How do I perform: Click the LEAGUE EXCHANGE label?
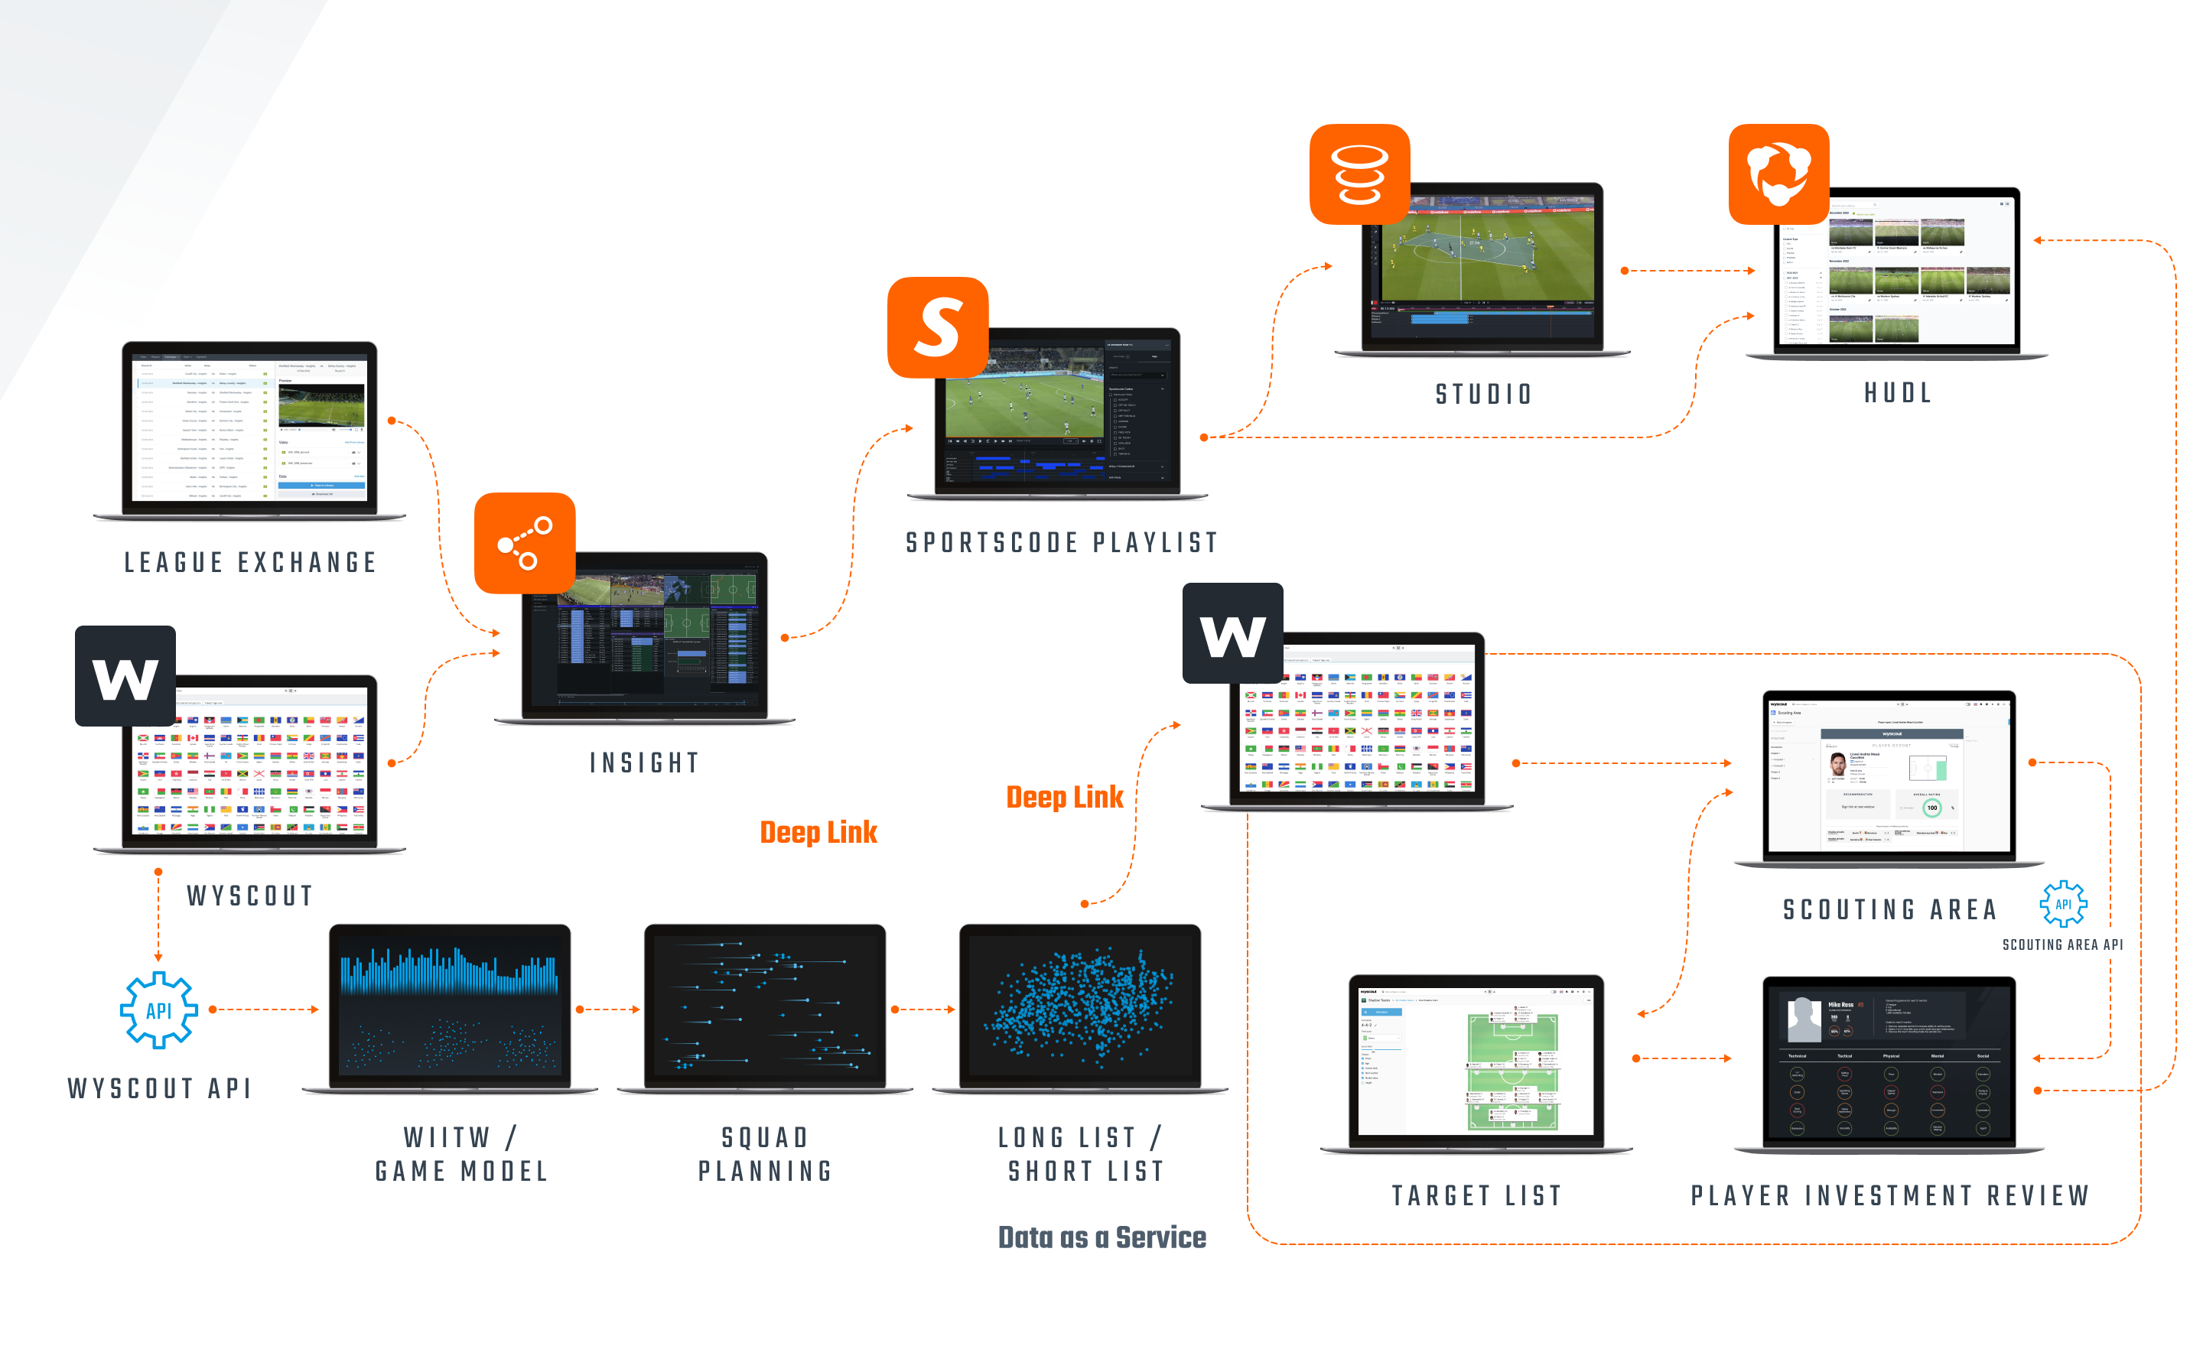click(x=250, y=562)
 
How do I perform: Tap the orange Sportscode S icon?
click(x=937, y=327)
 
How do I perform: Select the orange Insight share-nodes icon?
click(x=525, y=542)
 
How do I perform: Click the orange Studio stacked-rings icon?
click(x=1359, y=174)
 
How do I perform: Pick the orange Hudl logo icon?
click(x=1778, y=174)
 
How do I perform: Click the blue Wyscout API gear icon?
click(x=159, y=1010)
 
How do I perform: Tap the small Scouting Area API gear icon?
click(x=2062, y=904)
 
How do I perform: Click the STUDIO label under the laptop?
click(x=1484, y=394)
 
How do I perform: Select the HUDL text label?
click(x=1898, y=392)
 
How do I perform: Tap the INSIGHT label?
click(x=645, y=762)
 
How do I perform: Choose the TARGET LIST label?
click(x=1477, y=1196)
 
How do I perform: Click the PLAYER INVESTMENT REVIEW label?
click(x=1890, y=1196)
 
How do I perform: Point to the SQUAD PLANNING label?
click(x=766, y=1154)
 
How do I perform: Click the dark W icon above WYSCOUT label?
click(x=125, y=676)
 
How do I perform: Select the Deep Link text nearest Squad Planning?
click(x=818, y=832)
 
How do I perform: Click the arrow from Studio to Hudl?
click(x=1688, y=270)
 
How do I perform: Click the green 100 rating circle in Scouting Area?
click(x=1932, y=807)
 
